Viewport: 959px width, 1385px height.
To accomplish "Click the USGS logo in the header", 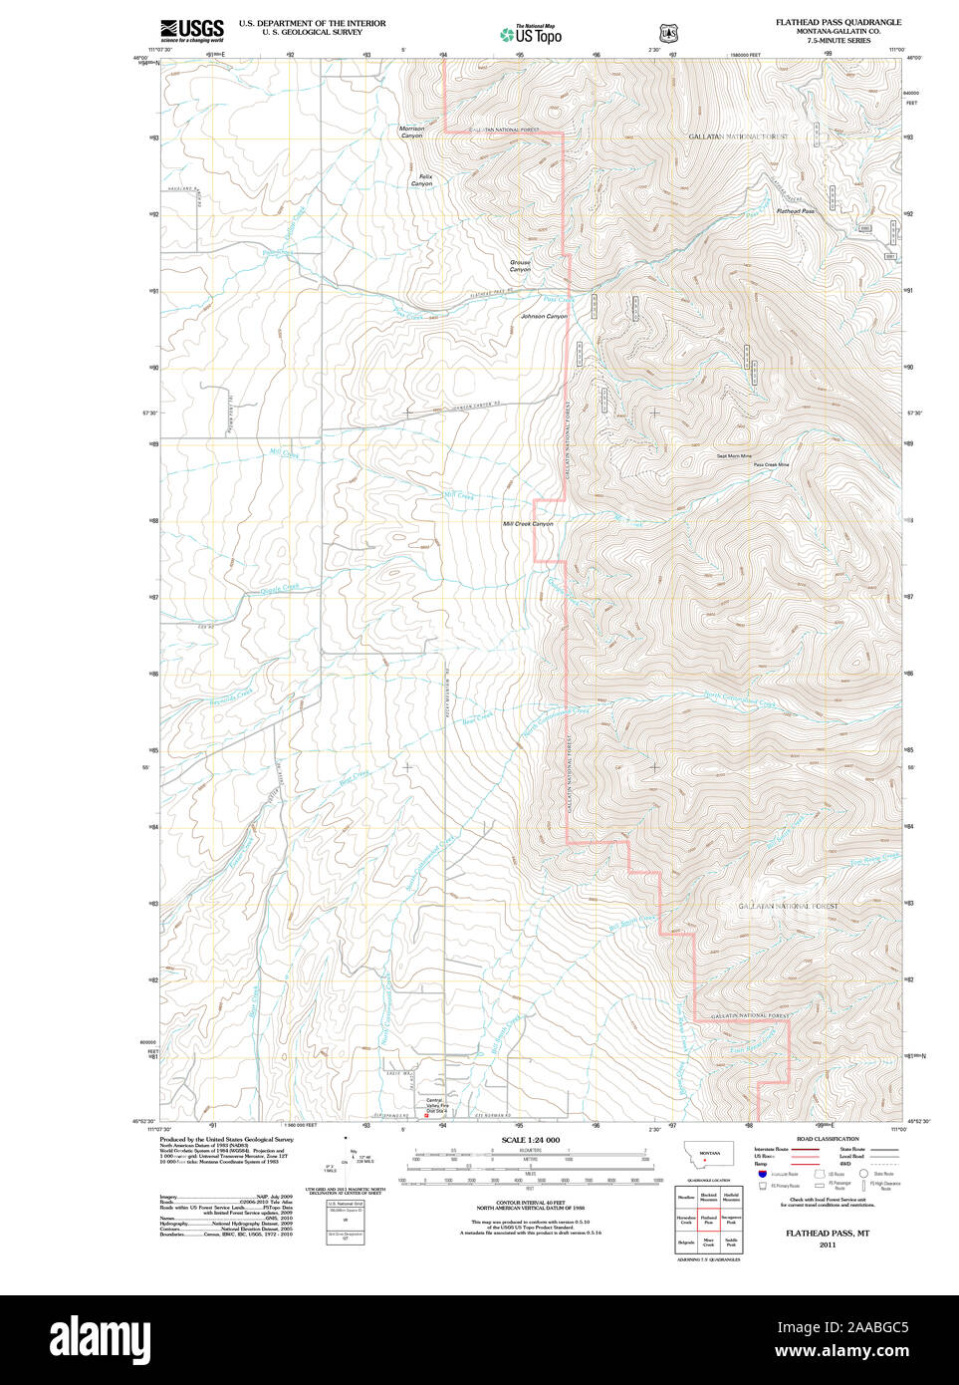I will tap(192, 30).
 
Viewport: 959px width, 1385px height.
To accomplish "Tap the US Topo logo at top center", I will tap(531, 34).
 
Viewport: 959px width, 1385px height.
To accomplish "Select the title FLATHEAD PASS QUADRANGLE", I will tap(839, 22).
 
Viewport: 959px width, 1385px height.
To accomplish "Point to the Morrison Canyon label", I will tap(411, 132).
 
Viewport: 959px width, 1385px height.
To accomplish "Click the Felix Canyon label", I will tap(422, 180).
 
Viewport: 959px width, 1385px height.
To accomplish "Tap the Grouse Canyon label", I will tap(520, 266).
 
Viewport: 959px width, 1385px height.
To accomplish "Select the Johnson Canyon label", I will tap(544, 317).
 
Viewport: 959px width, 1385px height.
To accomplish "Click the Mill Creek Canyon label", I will tap(528, 524).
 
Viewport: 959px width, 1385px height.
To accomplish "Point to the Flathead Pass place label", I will tap(795, 211).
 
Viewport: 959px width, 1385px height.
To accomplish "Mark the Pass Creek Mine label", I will tap(771, 465).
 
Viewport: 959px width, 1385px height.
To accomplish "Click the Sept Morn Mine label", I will tap(734, 456).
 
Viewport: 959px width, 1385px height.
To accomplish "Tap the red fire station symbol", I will tap(427, 1116).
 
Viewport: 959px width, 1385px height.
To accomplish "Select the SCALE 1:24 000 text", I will tap(530, 1140).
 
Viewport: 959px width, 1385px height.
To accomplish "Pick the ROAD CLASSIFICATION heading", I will tap(827, 1139).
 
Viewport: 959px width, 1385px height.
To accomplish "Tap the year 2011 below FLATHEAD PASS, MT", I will tap(828, 1245).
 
